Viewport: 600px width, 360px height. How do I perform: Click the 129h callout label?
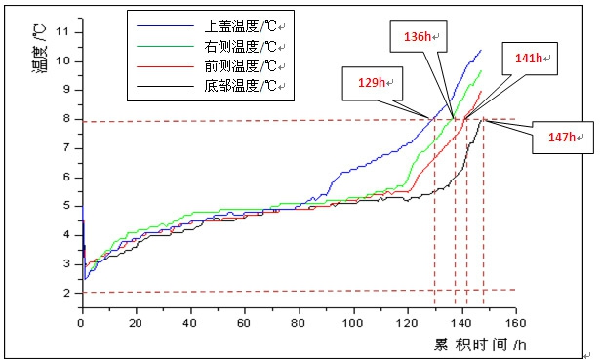pos(371,84)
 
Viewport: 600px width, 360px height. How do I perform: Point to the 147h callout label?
pos(560,137)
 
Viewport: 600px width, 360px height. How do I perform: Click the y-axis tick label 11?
pos(64,32)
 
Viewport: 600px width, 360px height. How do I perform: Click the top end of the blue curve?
pos(481,50)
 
